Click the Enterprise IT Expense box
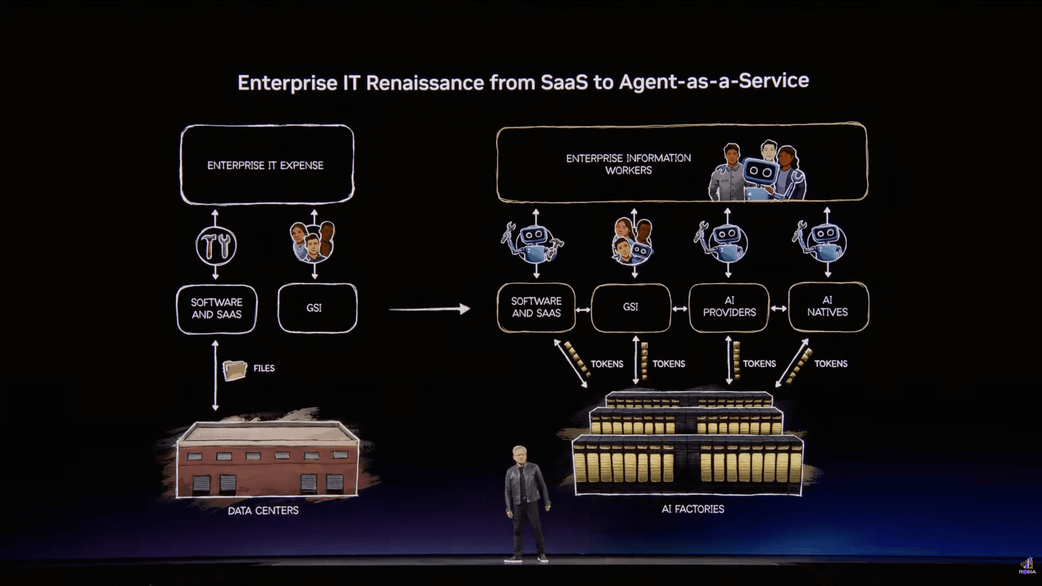267,165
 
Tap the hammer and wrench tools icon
216,246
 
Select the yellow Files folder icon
234,370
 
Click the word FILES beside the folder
264,368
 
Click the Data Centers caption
263,510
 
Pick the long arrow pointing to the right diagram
429,309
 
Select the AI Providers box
729,307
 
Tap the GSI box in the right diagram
630,307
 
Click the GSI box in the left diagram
317,308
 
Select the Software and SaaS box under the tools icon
216,308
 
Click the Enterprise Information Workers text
628,164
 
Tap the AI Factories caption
693,509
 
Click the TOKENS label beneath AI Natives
830,364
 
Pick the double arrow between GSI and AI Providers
680,309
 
